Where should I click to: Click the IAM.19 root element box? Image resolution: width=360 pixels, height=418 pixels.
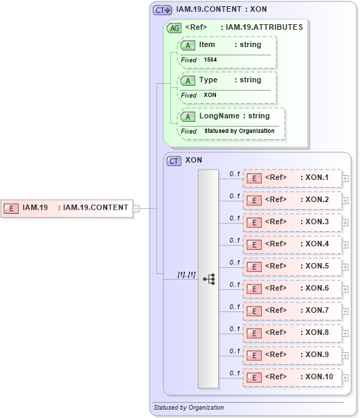tap(66, 207)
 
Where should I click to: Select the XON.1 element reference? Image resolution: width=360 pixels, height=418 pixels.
tap(292, 178)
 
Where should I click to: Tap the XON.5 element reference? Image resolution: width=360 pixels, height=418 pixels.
tap(292, 266)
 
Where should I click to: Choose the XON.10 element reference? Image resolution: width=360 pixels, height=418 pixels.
tap(292, 377)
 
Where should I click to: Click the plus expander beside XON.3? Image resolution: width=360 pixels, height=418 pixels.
tap(345, 222)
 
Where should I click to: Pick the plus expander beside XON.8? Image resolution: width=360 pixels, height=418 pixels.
tap(345, 333)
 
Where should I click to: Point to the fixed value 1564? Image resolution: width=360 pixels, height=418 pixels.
tap(210, 60)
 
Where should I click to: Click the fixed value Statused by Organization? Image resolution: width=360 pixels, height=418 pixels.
tap(239, 131)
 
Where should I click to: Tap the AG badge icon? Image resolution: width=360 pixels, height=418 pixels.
tap(175, 28)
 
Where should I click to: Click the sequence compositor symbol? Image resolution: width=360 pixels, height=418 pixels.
tap(208, 278)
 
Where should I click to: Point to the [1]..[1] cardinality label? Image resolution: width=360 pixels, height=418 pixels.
tap(186, 275)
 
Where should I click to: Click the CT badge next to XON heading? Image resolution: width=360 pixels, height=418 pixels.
tap(174, 160)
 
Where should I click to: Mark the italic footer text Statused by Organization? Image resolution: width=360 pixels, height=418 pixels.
tap(188, 408)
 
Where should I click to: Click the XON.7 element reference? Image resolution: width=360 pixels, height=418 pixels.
tap(292, 311)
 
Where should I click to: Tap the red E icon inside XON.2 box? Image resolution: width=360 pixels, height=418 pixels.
tap(253, 200)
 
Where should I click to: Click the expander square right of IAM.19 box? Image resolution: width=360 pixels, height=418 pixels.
tap(136, 208)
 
